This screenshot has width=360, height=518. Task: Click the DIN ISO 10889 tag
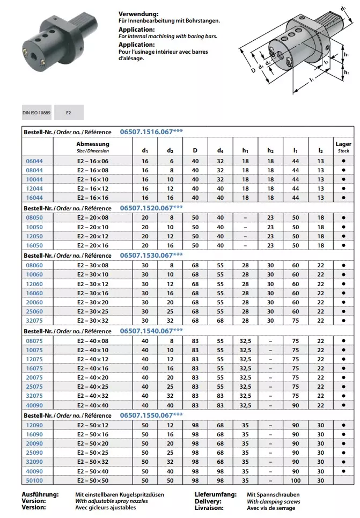click(x=36, y=113)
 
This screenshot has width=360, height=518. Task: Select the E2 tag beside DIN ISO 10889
click(x=68, y=113)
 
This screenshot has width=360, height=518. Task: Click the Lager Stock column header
click(x=343, y=147)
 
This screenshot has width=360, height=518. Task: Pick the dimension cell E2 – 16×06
click(x=92, y=160)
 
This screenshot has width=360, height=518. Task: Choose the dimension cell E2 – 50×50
click(x=92, y=480)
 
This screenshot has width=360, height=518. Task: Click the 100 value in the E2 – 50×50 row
click(x=296, y=480)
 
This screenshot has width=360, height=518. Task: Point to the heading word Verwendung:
click(x=138, y=13)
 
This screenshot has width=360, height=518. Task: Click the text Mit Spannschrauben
click(x=273, y=494)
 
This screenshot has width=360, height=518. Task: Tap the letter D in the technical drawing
click(x=252, y=70)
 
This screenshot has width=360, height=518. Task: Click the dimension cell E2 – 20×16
click(x=92, y=245)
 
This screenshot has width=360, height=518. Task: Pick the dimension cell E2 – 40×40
click(x=92, y=405)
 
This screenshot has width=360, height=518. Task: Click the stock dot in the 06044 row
click(x=343, y=160)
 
